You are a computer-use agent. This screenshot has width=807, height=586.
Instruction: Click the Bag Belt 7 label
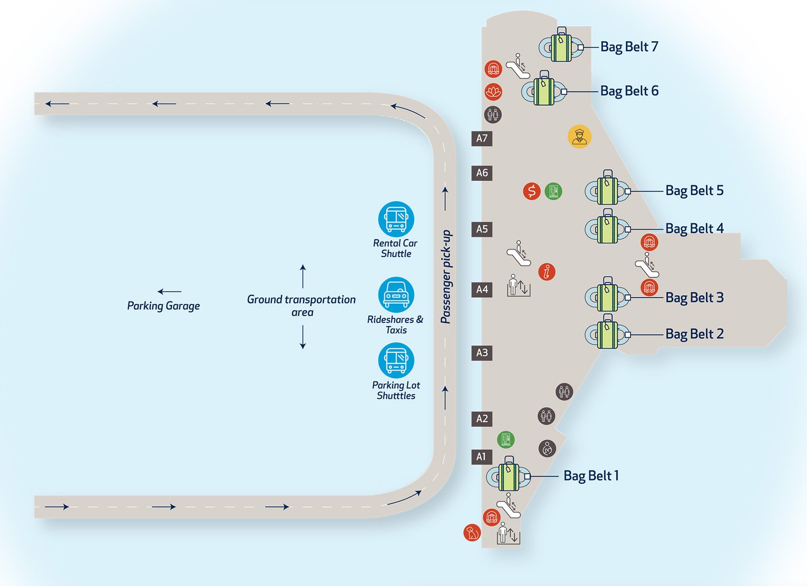(629, 47)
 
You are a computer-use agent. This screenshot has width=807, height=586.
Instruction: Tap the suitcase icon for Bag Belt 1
(508, 475)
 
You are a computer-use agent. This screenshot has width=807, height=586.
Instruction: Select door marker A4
(482, 289)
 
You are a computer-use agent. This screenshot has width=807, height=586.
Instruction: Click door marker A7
(482, 138)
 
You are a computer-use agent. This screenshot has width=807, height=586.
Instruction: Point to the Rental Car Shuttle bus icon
(396, 219)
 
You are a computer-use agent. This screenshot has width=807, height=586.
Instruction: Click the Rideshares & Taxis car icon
(396, 295)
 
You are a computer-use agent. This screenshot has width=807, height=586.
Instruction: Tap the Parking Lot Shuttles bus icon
(396, 360)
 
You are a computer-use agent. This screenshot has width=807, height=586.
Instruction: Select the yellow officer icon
(579, 136)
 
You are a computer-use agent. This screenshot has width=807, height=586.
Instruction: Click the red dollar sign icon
(532, 191)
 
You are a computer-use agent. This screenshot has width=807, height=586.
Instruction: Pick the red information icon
(547, 272)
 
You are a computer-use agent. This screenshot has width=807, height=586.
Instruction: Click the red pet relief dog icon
(472, 533)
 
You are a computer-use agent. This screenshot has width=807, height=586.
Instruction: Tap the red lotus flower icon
(493, 92)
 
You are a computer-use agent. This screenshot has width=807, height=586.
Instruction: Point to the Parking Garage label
(163, 306)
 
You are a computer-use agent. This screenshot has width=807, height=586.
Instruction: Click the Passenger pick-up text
(446, 277)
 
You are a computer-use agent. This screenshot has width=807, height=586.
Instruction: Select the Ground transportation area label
(302, 306)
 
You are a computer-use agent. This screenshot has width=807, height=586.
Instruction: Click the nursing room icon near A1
(547, 448)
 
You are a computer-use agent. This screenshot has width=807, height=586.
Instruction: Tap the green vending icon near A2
(505, 440)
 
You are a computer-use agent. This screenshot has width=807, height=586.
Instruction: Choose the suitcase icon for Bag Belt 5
(607, 189)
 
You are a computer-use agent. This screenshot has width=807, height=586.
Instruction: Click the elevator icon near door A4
(518, 286)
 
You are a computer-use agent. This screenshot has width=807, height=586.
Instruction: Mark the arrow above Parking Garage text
(169, 291)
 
